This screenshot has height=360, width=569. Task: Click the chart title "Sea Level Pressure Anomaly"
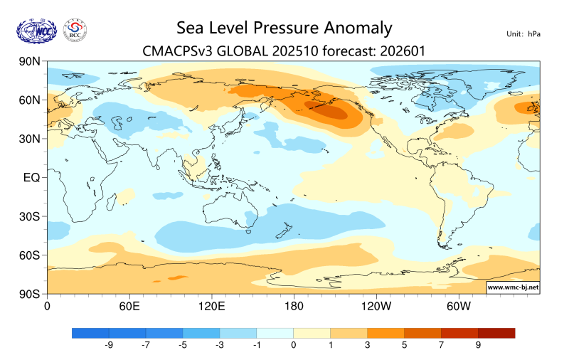(x=284, y=28)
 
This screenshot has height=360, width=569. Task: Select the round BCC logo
(x=75, y=31)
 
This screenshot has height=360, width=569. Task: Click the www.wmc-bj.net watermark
(x=512, y=287)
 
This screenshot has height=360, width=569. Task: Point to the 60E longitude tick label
(x=129, y=307)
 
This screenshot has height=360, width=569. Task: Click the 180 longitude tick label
(x=293, y=307)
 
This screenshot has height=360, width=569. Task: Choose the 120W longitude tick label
(x=376, y=307)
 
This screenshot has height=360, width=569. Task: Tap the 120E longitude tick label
(x=211, y=307)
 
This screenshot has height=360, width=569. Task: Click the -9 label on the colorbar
(x=109, y=345)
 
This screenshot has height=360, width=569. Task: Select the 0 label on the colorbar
(x=293, y=345)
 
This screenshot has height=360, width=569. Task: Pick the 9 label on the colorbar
(x=478, y=345)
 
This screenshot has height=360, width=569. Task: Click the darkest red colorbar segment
(x=496, y=332)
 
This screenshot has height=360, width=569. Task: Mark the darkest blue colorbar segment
(x=90, y=332)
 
